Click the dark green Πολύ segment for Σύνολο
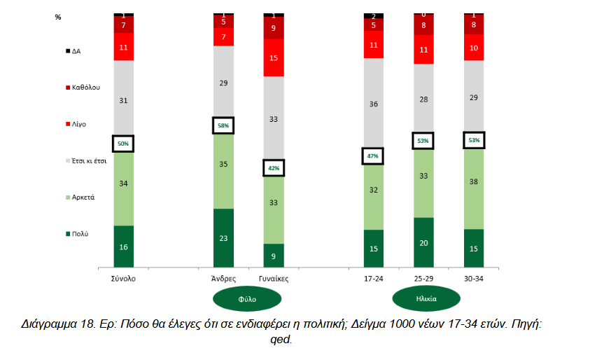coord(123,246)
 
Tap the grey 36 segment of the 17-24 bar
coord(374,104)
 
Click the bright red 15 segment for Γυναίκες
coord(274,57)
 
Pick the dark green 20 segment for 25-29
coord(423,242)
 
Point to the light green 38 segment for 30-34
coord(474,188)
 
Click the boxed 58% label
coord(223,125)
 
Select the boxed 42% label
coord(274,168)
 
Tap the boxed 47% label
coord(374,155)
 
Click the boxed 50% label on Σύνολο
coord(123,144)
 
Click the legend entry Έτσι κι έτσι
coord(89,160)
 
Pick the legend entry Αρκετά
coord(83,198)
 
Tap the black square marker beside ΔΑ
coord(67,51)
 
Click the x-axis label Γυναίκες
coord(274,278)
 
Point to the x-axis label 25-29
coord(423,278)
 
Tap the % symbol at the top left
coord(57,16)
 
